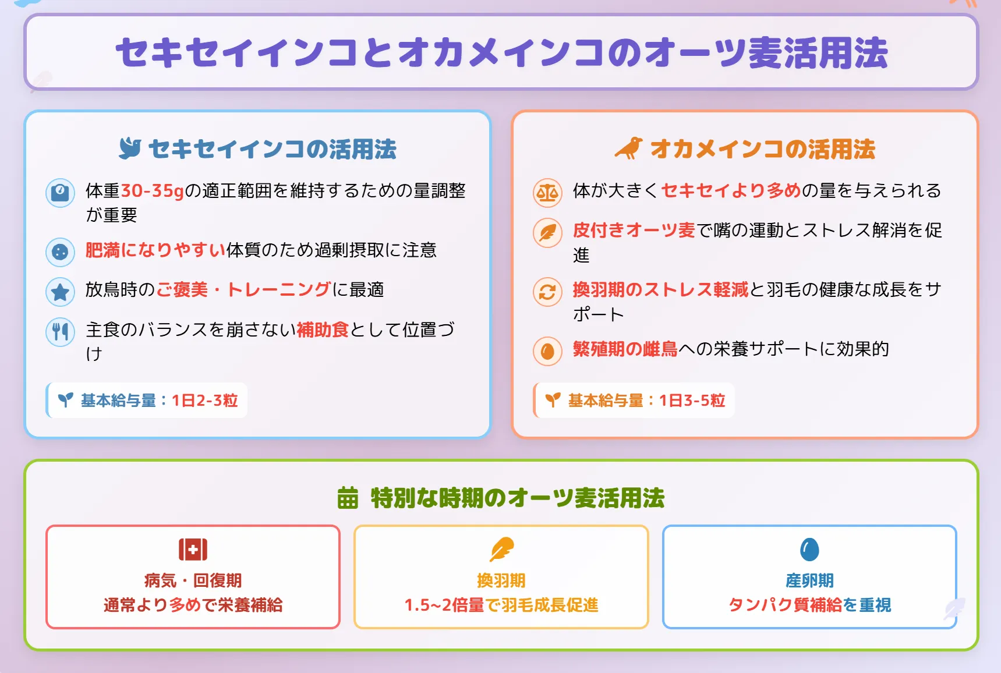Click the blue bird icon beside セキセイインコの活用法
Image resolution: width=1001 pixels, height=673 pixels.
point(130,148)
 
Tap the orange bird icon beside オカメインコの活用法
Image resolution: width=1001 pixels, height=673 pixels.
point(629,148)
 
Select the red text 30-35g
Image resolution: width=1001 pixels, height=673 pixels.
point(152,191)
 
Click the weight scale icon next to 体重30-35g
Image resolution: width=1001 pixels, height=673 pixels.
point(60,193)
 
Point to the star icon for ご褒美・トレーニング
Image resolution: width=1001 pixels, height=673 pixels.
point(60,292)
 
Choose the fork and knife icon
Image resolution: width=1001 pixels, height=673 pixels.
point(60,332)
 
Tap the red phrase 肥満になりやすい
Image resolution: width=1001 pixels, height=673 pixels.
point(155,250)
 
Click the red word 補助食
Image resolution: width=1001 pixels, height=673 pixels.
point(323,330)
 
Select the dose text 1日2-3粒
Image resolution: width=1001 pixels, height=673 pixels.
point(205,401)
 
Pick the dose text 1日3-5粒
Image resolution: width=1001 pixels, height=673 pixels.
point(692,401)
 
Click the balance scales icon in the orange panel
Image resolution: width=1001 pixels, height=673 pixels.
point(547,193)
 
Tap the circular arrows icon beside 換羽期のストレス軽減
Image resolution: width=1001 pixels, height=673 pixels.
point(547,292)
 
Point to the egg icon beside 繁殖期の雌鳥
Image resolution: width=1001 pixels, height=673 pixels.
point(547,351)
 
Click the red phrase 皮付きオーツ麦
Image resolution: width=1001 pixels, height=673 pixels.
point(634,231)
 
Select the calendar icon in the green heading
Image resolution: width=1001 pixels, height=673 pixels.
point(348,498)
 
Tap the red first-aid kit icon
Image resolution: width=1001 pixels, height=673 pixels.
point(193,549)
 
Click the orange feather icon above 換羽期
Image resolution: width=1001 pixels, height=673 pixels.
point(501,549)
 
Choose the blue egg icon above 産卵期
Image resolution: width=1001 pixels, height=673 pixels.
point(809,549)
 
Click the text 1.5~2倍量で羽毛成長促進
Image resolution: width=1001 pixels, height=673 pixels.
point(501,605)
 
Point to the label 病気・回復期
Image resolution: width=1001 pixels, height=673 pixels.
point(193,580)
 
